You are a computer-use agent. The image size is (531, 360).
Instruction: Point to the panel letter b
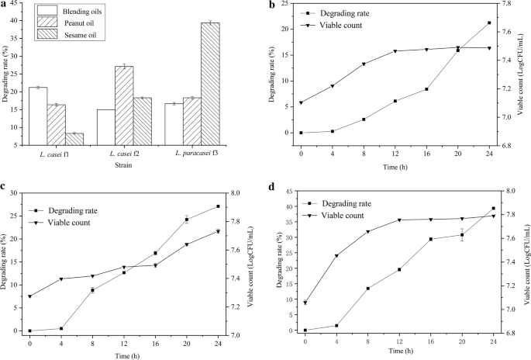pyautogui.click(x=272, y=5)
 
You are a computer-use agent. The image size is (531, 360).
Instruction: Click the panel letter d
pyautogui.click(x=272, y=186)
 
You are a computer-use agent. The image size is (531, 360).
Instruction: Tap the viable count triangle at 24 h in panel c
pyautogui.click(x=218, y=231)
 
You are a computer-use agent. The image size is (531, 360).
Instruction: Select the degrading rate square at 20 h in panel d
pyautogui.click(x=462, y=235)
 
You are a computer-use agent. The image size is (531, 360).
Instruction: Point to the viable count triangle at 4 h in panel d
pyautogui.click(x=336, y=255)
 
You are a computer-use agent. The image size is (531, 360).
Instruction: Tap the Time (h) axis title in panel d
pyautogui.click(x=399, y=351)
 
